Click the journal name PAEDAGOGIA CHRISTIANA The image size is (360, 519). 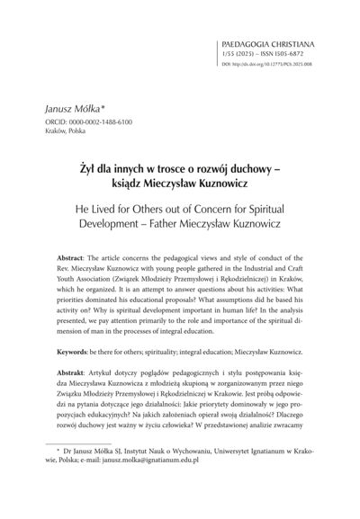tap(283, 42)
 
